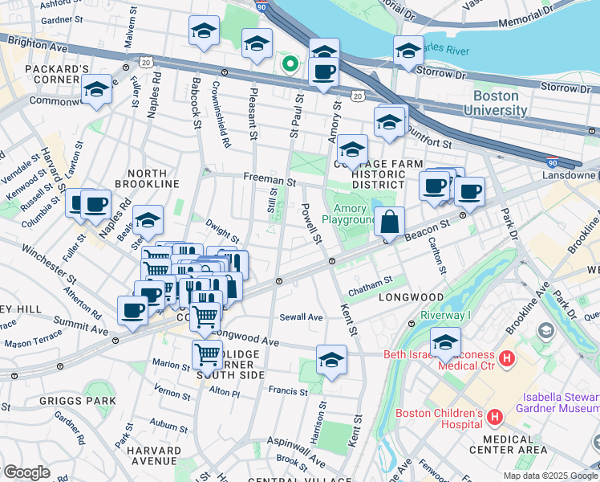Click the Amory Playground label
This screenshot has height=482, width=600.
(x=349, y=214)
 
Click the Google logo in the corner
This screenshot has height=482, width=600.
(x=26, y=472)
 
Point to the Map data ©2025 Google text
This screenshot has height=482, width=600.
(x=549, y=476)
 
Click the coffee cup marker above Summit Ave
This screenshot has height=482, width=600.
(x=132, y=310)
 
